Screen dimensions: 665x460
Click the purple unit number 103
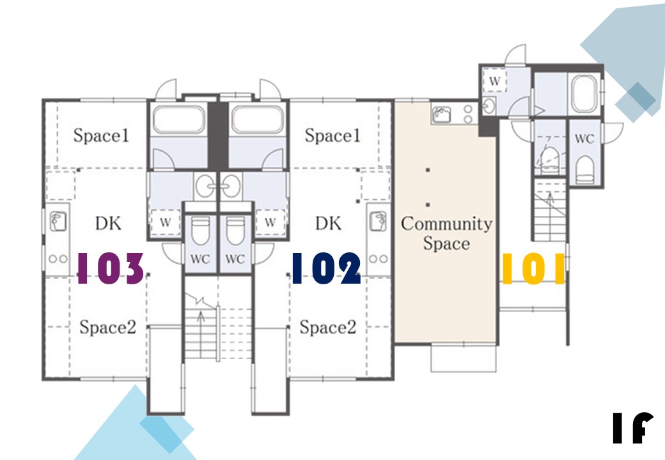[x=111, y=268]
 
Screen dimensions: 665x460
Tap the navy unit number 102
[x=327, y=268]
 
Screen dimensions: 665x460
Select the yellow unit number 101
[x=533, y=268]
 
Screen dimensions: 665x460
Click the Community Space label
[x=446, y=233]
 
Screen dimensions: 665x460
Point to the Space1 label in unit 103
[x=101, y=135]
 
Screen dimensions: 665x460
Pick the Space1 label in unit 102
[x=332, y=135]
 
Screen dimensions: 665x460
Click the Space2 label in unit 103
[x=107, y=327]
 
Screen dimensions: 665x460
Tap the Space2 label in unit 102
[x=328, y=327]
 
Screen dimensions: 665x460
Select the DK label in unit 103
[x=108, y=223]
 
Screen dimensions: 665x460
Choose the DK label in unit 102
[x=328, y=223]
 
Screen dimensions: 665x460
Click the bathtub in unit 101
[x=584, y=95]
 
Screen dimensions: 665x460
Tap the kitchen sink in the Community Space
[x=441, y=114]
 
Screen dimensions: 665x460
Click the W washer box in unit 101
[x=494, y=80]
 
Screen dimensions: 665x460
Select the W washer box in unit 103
[x=166, y=222]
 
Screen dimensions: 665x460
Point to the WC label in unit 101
[x=584, y=138]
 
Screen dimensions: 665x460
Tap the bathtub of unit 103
[x=179, y=119]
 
